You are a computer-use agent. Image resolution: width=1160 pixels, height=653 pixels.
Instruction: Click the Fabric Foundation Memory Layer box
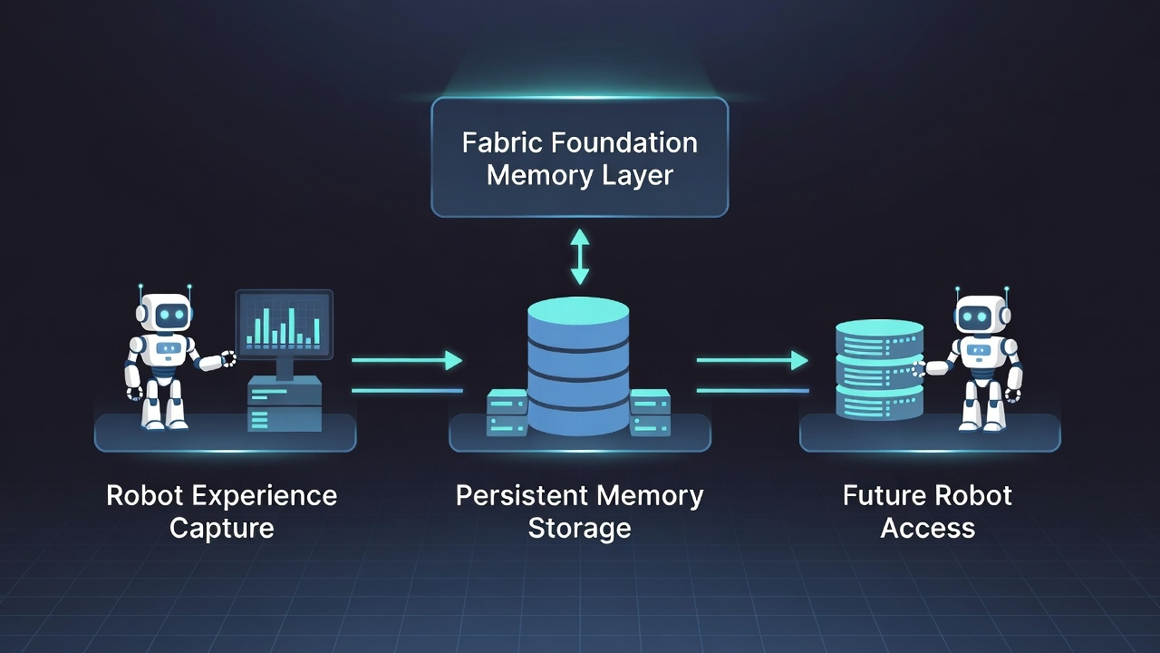tap(579, 157)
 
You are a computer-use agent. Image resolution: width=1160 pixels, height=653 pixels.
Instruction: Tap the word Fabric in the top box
tap(500, 142)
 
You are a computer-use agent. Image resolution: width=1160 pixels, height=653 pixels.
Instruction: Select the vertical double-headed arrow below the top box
tap(579, 257)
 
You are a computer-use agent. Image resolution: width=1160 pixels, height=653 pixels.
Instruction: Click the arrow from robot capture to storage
tap(407, 360)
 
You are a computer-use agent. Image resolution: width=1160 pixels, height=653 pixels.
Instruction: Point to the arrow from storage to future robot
tap(752, 360)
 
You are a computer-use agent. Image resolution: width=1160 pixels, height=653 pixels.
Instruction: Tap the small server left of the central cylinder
tap(507, 414)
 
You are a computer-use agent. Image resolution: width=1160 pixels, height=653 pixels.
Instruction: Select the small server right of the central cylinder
tap(650, 414)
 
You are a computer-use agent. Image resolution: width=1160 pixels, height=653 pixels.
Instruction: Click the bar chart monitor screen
tap(284, 321)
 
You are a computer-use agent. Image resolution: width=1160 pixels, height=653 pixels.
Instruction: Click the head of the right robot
tap(981, 316)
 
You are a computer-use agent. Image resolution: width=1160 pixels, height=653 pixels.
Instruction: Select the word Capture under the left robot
tap(222, 528)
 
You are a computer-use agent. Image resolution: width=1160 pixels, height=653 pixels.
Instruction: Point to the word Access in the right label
tap(927, 528)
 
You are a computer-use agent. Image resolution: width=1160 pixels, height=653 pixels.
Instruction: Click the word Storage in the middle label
tap(579, 528)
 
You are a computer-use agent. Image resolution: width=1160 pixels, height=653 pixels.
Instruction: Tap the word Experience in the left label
tap(273, 495)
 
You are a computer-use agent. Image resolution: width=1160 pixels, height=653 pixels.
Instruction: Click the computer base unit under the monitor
tap(285, 404)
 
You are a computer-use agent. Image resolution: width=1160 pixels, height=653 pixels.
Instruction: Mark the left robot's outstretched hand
tap(227, 359)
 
